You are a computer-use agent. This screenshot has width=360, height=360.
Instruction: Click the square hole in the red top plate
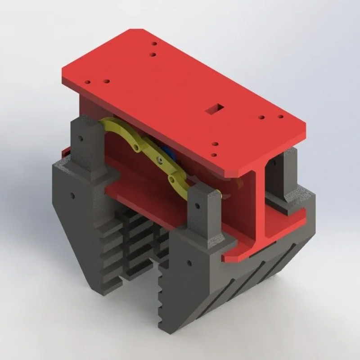click(211, 108)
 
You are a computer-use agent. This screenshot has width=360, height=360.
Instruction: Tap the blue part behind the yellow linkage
click(167, 154)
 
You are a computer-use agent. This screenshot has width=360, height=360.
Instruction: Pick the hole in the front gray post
click(197, 207)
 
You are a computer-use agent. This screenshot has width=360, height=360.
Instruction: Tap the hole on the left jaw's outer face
click(72, 196)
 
